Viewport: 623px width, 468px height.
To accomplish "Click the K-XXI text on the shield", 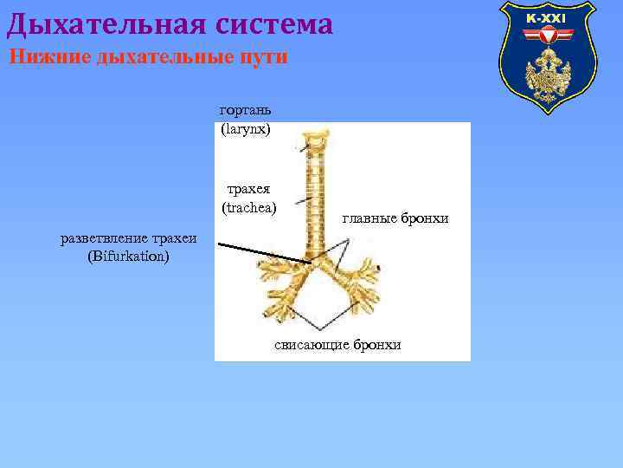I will pyautogui.click(x=546, y=18).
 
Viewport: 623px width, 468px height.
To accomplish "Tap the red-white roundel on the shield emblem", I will pyautogui.click(x=546, y=37).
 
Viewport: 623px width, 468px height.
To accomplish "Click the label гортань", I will pyautogui.click(x=246, y=110).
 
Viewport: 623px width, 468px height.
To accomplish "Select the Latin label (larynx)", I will pyautogui.click(x=246, y=128).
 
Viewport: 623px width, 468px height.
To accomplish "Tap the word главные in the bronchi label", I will pyautogui.click(x=369, y=218).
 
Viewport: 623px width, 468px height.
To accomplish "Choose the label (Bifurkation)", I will pyautogui.click(x=129, y=257).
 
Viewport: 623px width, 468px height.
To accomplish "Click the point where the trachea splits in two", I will pyautogui.click(x=314, y=262).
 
